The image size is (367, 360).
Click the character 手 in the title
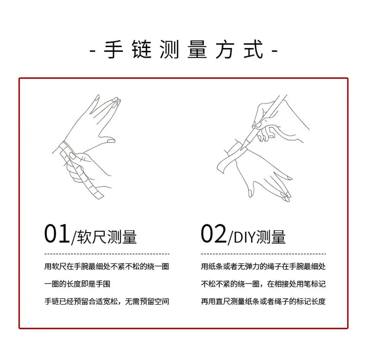(x=114, y=49)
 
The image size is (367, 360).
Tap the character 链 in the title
(x=141, y=49)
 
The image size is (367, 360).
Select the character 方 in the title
(x=225, y=49)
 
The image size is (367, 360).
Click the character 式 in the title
(x=253, y=49)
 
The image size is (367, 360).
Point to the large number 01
(x=57, y=234)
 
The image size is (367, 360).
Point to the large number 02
(x=213, y=234)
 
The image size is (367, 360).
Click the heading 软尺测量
(x=107, y=237)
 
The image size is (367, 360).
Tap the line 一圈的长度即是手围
(x=77, y=284)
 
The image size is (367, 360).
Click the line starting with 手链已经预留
(x=107, y=301)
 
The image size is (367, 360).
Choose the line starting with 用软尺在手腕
(x=107, y=266)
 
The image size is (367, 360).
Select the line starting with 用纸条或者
(x=263, y=266)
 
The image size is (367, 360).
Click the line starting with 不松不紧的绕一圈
(x=263, y=284)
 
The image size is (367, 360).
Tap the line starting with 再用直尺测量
(x=263, y=301)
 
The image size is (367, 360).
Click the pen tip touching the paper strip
(x=242, y=149)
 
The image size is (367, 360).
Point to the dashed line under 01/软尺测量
(x=107, y=254)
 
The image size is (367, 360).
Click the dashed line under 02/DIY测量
(x=263, y=254)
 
